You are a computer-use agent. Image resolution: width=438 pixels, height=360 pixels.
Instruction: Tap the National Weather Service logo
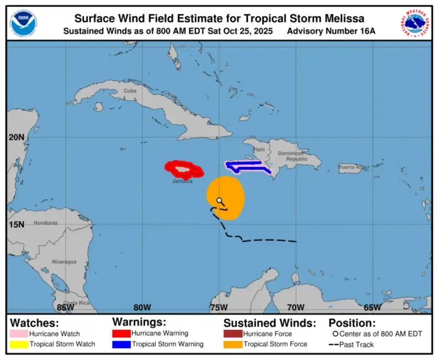click(x=415, y=22)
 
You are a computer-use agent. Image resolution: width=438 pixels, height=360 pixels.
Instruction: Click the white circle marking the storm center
click(x=220, y=200)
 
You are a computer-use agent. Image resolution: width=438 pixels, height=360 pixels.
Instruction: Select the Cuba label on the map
click(x=130, y=91)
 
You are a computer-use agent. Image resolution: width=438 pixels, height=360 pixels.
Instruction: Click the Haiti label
click(x=259, y=150)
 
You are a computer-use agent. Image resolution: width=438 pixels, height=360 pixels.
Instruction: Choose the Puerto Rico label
click(x=351, y=167)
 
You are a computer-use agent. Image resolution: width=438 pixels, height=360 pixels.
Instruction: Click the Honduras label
click(x=45, y=223)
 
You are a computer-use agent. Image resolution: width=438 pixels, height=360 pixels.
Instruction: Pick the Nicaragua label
click(x=64, y=262)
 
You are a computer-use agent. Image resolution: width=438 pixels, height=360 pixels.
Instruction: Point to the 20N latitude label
click(x=16, y=138)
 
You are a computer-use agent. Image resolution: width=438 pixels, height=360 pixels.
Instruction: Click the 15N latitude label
click(x=16, y=225)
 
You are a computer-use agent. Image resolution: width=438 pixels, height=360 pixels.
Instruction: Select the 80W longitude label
click(x=142, y=307)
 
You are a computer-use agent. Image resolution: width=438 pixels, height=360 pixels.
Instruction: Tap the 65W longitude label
click(x=372, y=307)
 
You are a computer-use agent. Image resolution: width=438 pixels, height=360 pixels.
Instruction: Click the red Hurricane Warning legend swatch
click(x=121, y=333)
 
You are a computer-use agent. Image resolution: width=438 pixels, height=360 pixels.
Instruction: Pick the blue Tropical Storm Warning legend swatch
click(x=121, y=344)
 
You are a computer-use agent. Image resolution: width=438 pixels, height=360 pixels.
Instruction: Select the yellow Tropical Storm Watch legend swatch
click(x=19, y=344)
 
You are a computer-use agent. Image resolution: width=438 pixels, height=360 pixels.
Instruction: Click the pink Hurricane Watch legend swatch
click(x=19, y=333)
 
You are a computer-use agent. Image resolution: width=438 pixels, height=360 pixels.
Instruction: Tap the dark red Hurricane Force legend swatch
click(x=233, y=333)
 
